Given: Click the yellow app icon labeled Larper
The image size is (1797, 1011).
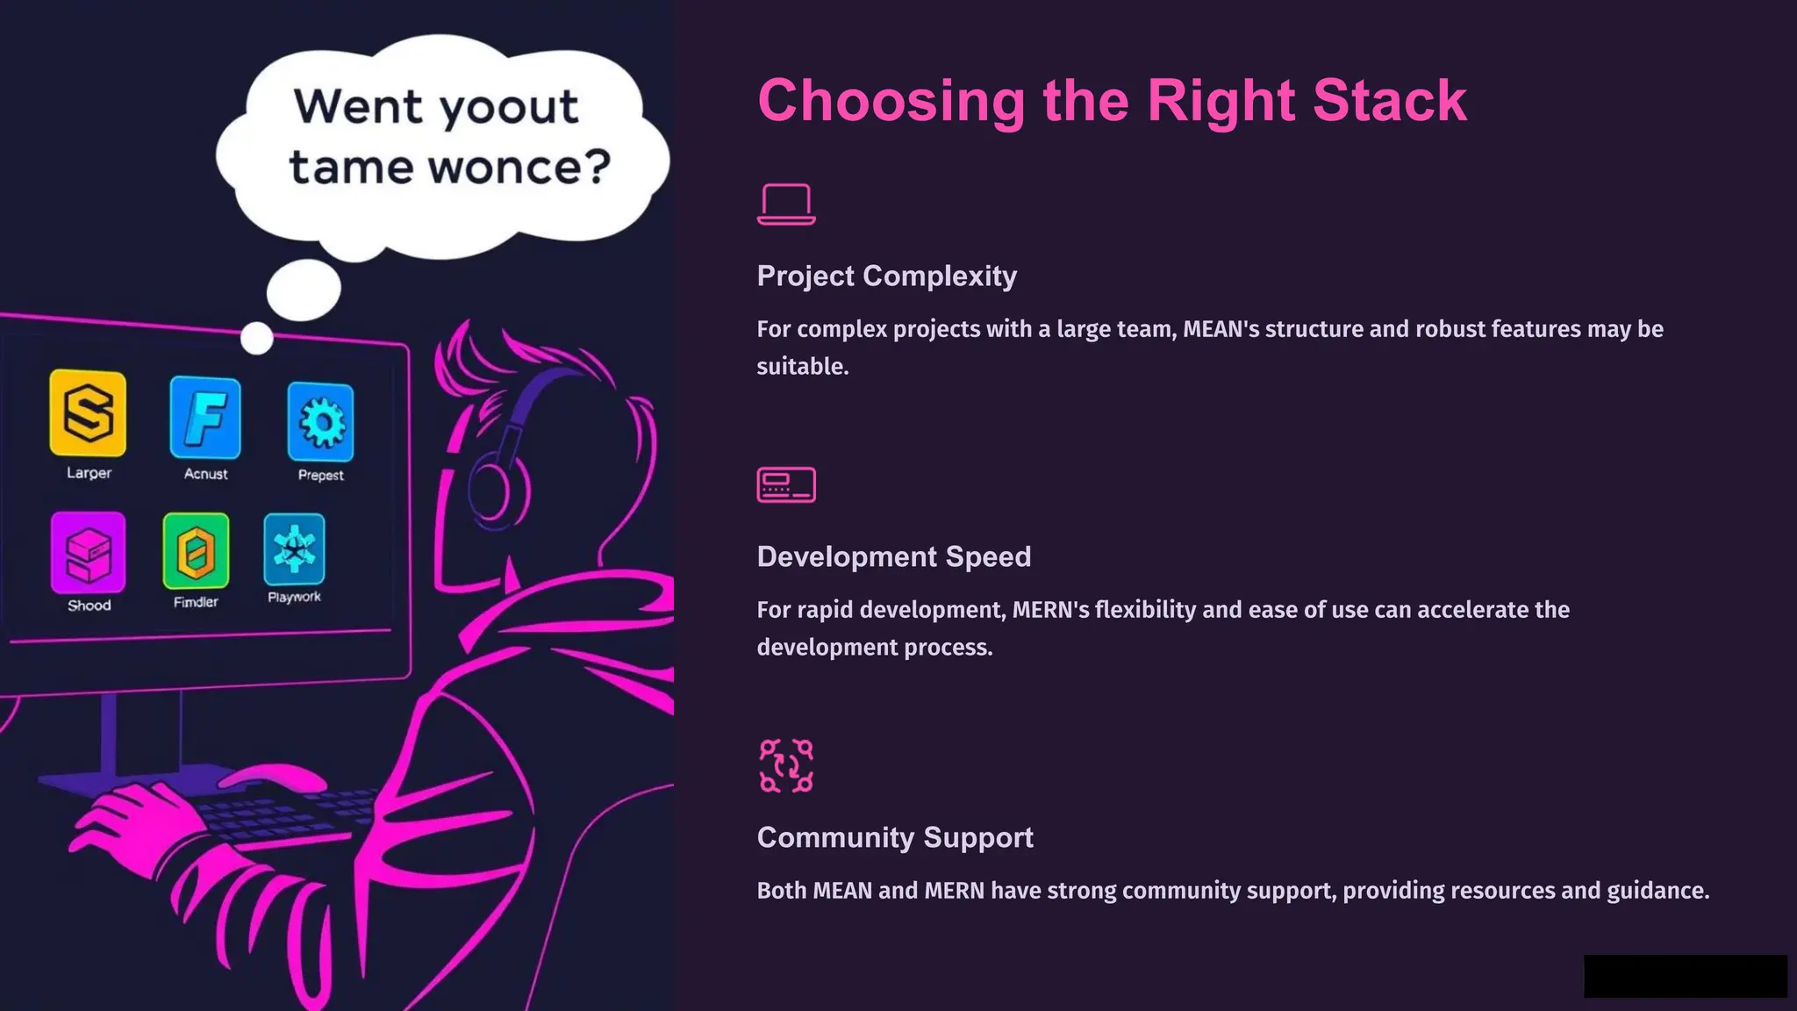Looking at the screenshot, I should (x=88, y=413).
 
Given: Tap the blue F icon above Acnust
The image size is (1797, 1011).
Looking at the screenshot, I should (x=205, y=418).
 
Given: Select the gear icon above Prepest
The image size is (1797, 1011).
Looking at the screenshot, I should (x=321, y=422).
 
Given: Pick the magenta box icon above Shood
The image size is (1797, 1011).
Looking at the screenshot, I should (x=89, y=553).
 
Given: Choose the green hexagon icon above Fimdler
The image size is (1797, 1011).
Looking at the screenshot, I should (x=196, y=551).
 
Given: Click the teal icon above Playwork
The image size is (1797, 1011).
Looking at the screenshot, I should (x=294, y=549).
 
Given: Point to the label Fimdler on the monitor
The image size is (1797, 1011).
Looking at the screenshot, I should (x=196, y=602).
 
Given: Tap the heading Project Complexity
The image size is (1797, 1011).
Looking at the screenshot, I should (x=887, y=276).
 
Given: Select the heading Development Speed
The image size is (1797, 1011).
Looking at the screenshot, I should (x=894, y=556).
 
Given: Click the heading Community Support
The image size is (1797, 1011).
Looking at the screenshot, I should (x=895, y=837).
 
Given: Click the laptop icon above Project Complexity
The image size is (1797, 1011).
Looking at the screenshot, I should (x=786, y=204).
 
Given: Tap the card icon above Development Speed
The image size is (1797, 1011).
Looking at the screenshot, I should (x=786, y=484).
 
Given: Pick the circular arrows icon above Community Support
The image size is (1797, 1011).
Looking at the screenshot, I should (x=786, y=766).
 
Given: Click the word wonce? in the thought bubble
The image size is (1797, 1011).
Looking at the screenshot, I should (x=525, y=167).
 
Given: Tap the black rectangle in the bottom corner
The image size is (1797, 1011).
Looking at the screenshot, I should (x=1685, y=976).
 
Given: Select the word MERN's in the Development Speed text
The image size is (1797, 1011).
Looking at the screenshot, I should (x=1050, y=610).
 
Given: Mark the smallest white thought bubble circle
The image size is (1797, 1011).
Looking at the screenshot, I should (x=257, y=338).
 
